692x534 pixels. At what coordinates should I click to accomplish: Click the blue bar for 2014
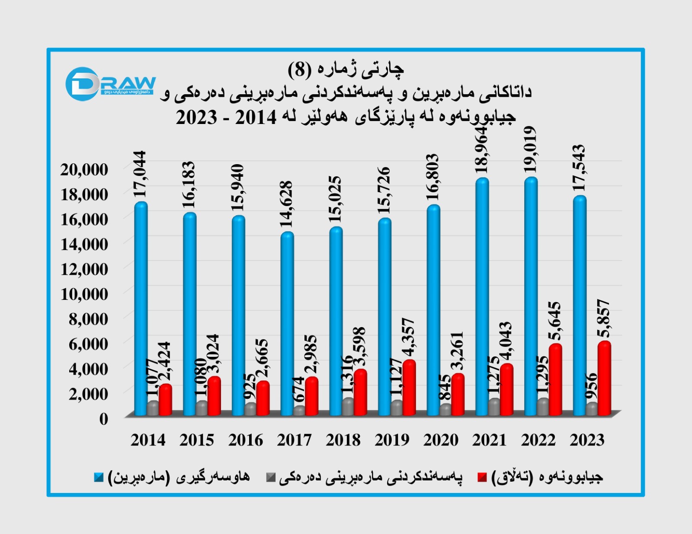pos(141,309)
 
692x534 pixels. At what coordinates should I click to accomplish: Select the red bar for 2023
pos(604,378)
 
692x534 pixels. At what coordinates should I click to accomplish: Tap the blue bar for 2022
pos(531,296)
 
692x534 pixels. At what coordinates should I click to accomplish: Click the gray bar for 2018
pos(348,407)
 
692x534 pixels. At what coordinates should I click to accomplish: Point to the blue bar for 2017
pos(287,324)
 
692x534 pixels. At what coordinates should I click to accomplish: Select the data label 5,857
pos(603,318)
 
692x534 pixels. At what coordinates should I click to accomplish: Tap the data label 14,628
pos(286,204)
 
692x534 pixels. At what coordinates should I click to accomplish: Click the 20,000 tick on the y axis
pos(84,169)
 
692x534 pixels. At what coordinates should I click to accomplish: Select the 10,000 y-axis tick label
pos(84,294)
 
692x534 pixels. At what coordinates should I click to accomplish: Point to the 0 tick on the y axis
pos(103,418)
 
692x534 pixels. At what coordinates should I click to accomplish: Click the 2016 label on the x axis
pos(246,440)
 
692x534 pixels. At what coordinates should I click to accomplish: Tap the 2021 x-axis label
pos(489,440)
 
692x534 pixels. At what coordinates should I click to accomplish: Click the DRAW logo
pos(110,83)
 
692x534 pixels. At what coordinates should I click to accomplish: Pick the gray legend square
pos(271,477)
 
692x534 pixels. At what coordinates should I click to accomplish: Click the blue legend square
pos(99,477)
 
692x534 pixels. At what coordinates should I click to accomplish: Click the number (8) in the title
pos(299,69)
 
